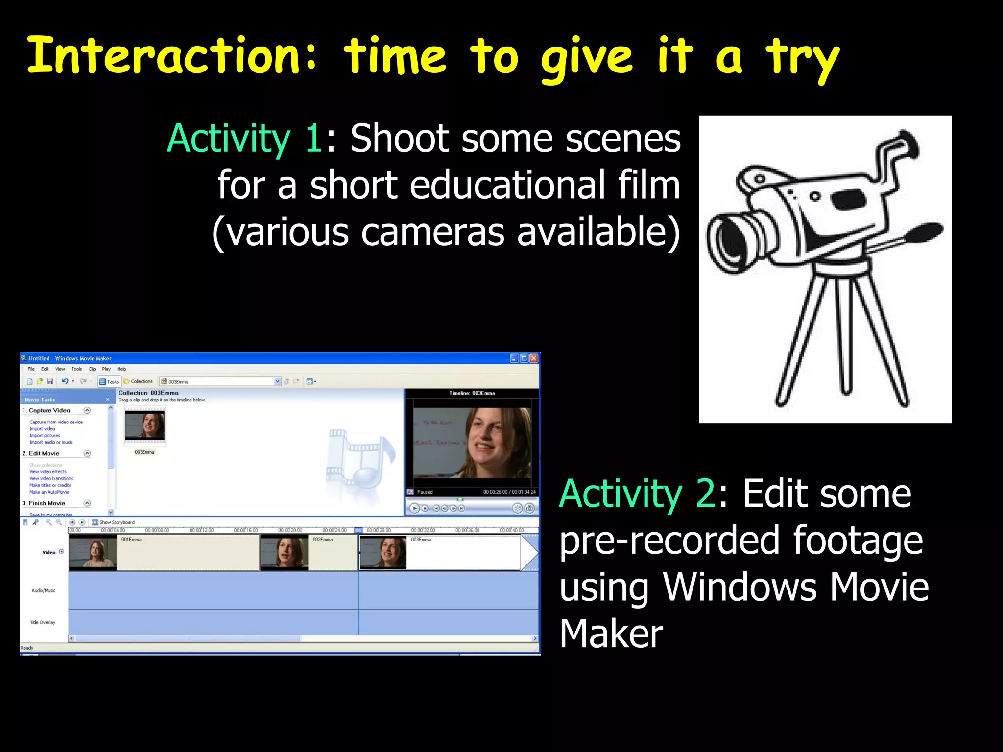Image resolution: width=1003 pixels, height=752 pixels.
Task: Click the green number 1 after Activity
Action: click(313, 139)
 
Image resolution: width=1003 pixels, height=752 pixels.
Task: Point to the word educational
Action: click(506, 185)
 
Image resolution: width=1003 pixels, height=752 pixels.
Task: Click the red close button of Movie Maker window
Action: click(534, 358)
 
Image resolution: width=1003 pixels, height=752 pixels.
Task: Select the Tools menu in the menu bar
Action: click(76, 369)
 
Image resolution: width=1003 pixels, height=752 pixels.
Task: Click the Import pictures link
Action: click(45, 435)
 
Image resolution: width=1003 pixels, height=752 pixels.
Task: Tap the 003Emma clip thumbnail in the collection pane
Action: click(144, 425)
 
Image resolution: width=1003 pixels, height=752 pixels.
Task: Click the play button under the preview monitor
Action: click(414, 508)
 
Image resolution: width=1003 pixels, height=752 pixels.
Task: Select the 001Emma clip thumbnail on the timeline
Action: click(93, 553)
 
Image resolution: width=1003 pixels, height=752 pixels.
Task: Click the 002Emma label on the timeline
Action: click(323, 540)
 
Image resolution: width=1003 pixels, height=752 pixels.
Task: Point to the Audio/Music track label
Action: click(44, 591)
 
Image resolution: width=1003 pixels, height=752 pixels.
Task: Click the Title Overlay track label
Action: click(43, 623)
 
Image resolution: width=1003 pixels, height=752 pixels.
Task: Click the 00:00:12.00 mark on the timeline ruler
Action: click(201, 530)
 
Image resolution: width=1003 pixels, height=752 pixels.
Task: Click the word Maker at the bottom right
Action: click(611, 634)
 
